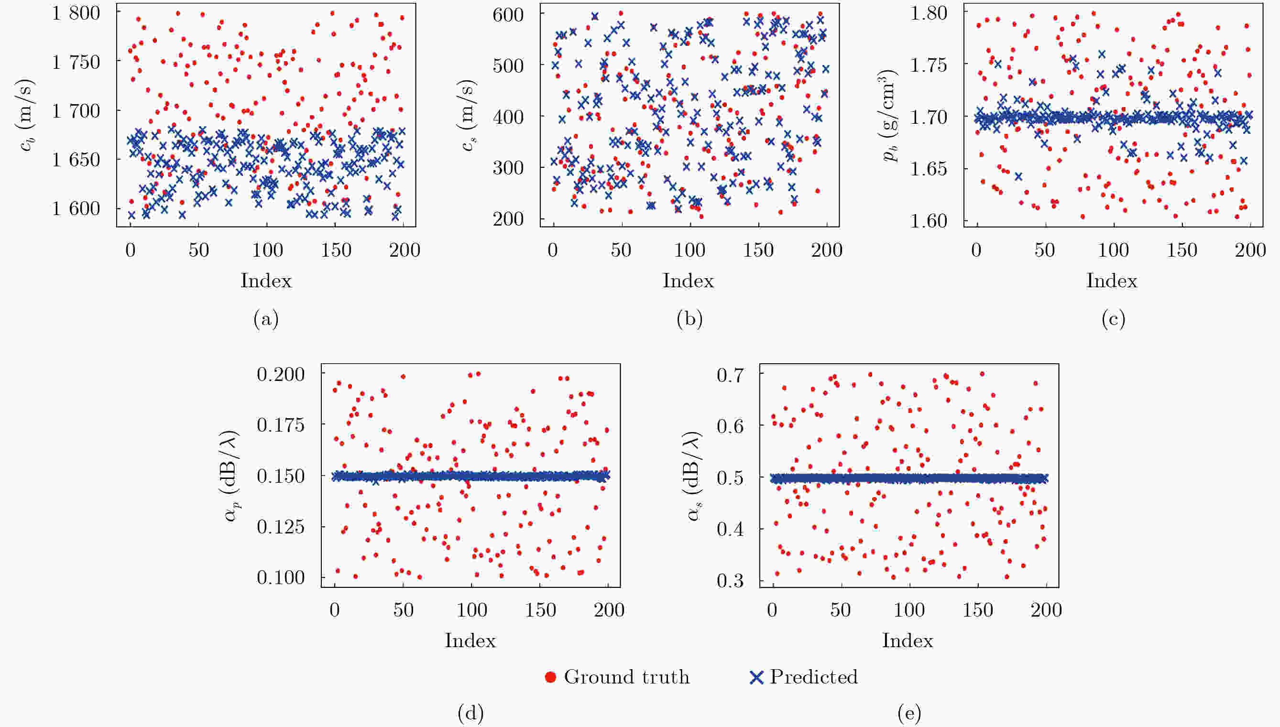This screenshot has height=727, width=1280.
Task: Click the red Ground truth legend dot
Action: coord(550,677)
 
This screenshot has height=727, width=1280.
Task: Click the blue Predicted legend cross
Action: coord(756,678)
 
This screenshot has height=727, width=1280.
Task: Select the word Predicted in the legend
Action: coord(813,677)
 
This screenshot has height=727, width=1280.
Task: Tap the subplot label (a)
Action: coord(266,318)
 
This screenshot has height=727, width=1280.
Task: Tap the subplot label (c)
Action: coord(1113,318)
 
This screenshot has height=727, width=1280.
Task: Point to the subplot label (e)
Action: coord(909,713)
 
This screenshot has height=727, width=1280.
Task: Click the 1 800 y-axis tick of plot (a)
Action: coord(76,13)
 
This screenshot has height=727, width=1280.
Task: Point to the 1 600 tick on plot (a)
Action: coord(76,209)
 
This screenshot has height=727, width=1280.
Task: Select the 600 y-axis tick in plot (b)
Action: coord(508,15)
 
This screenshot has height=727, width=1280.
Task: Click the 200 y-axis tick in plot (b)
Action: coord(508,219)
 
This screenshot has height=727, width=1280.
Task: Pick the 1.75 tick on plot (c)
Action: coord(929,65)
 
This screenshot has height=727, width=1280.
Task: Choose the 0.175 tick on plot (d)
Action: coord(280,425)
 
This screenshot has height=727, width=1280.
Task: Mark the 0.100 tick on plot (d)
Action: coord(280,578)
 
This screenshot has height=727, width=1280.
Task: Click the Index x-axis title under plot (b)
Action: coord(688,281)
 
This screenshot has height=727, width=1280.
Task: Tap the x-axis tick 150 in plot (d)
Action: coord(540,610)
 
